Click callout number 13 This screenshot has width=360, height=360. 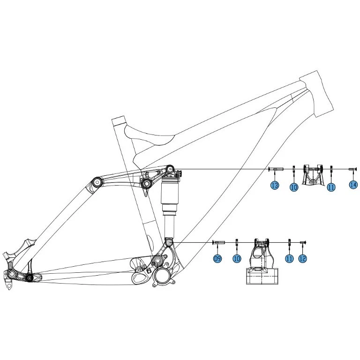[x=275, y=185]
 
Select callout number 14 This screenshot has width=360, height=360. [x=353, y=185]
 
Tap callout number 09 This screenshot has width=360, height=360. [x=217, y=259]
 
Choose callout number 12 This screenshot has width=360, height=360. [x=303, y=259]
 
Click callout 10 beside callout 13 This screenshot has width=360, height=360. [x=294, y=187]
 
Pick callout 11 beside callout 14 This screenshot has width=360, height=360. [x=331, y=187]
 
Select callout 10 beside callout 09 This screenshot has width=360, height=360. [x=237, y=259]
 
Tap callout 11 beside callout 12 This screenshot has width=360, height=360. [x=289, y=259]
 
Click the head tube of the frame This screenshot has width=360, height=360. [x=317, y=94]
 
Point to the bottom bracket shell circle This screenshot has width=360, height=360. [x=162, y=275]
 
